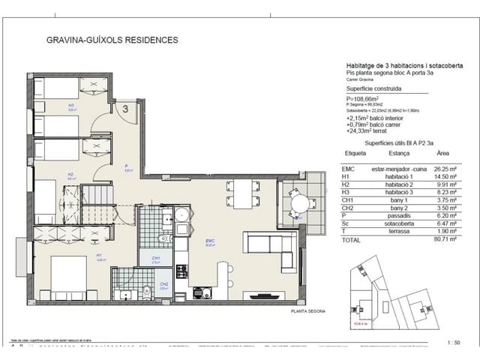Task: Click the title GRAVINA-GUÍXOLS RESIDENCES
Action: point(112,40)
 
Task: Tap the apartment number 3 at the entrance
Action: point(126,109)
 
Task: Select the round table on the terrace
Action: point(299,202)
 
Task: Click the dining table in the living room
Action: point(241,194)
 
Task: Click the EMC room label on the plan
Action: point(211,241)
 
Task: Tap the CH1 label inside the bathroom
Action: point(156,260)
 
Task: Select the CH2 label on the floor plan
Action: point(163,284)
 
